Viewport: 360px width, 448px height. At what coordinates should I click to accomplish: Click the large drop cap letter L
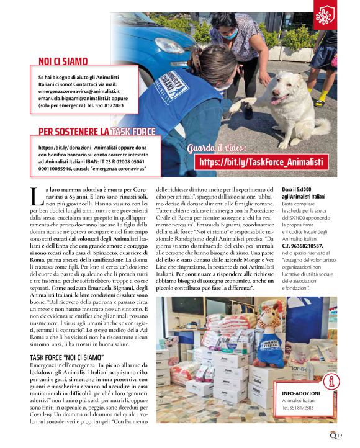coord(35,197)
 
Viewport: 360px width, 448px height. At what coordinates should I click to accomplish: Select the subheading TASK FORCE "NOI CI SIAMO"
coord(66,357)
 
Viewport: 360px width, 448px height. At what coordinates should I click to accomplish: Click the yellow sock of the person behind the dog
coord(321,98)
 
